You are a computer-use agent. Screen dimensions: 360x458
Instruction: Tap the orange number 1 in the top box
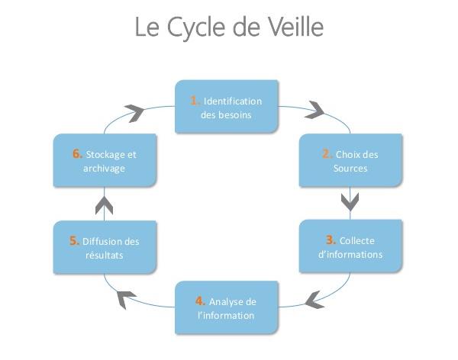point(195,101)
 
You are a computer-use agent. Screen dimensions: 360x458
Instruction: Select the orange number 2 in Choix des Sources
point(326,154)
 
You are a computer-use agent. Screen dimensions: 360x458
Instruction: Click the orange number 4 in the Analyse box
point(199,301)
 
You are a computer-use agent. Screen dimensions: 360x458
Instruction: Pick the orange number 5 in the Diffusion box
point(74,241)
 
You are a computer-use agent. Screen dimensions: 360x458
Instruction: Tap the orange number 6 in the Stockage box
point(78,153)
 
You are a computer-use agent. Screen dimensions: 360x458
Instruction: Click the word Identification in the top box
point(233,101)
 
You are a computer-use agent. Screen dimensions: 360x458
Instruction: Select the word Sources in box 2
point(350,168)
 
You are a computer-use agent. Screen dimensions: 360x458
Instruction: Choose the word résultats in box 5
point(105,256)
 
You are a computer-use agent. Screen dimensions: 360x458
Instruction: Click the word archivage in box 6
point(104,168)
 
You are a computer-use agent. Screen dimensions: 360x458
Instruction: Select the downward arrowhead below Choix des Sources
point(350,201)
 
